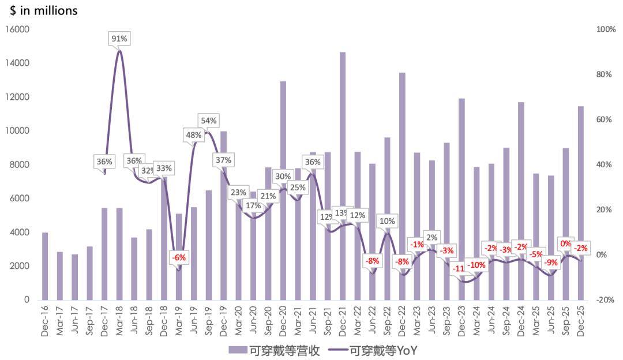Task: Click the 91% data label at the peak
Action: tap(119, 39)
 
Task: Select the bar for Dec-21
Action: tap(343, 173)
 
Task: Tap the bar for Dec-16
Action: tap(45, 265)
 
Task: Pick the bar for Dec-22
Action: tap(402, 185)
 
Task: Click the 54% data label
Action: tap(208, 121)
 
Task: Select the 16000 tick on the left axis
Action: tap(18, 29)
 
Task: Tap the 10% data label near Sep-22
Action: tap(387, 221)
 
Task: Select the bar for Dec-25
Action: tap(580, 202)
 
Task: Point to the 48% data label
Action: tap(193, 136)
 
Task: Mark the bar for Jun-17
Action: tap(74, 277)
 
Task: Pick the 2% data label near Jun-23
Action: tap(432, 237)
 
